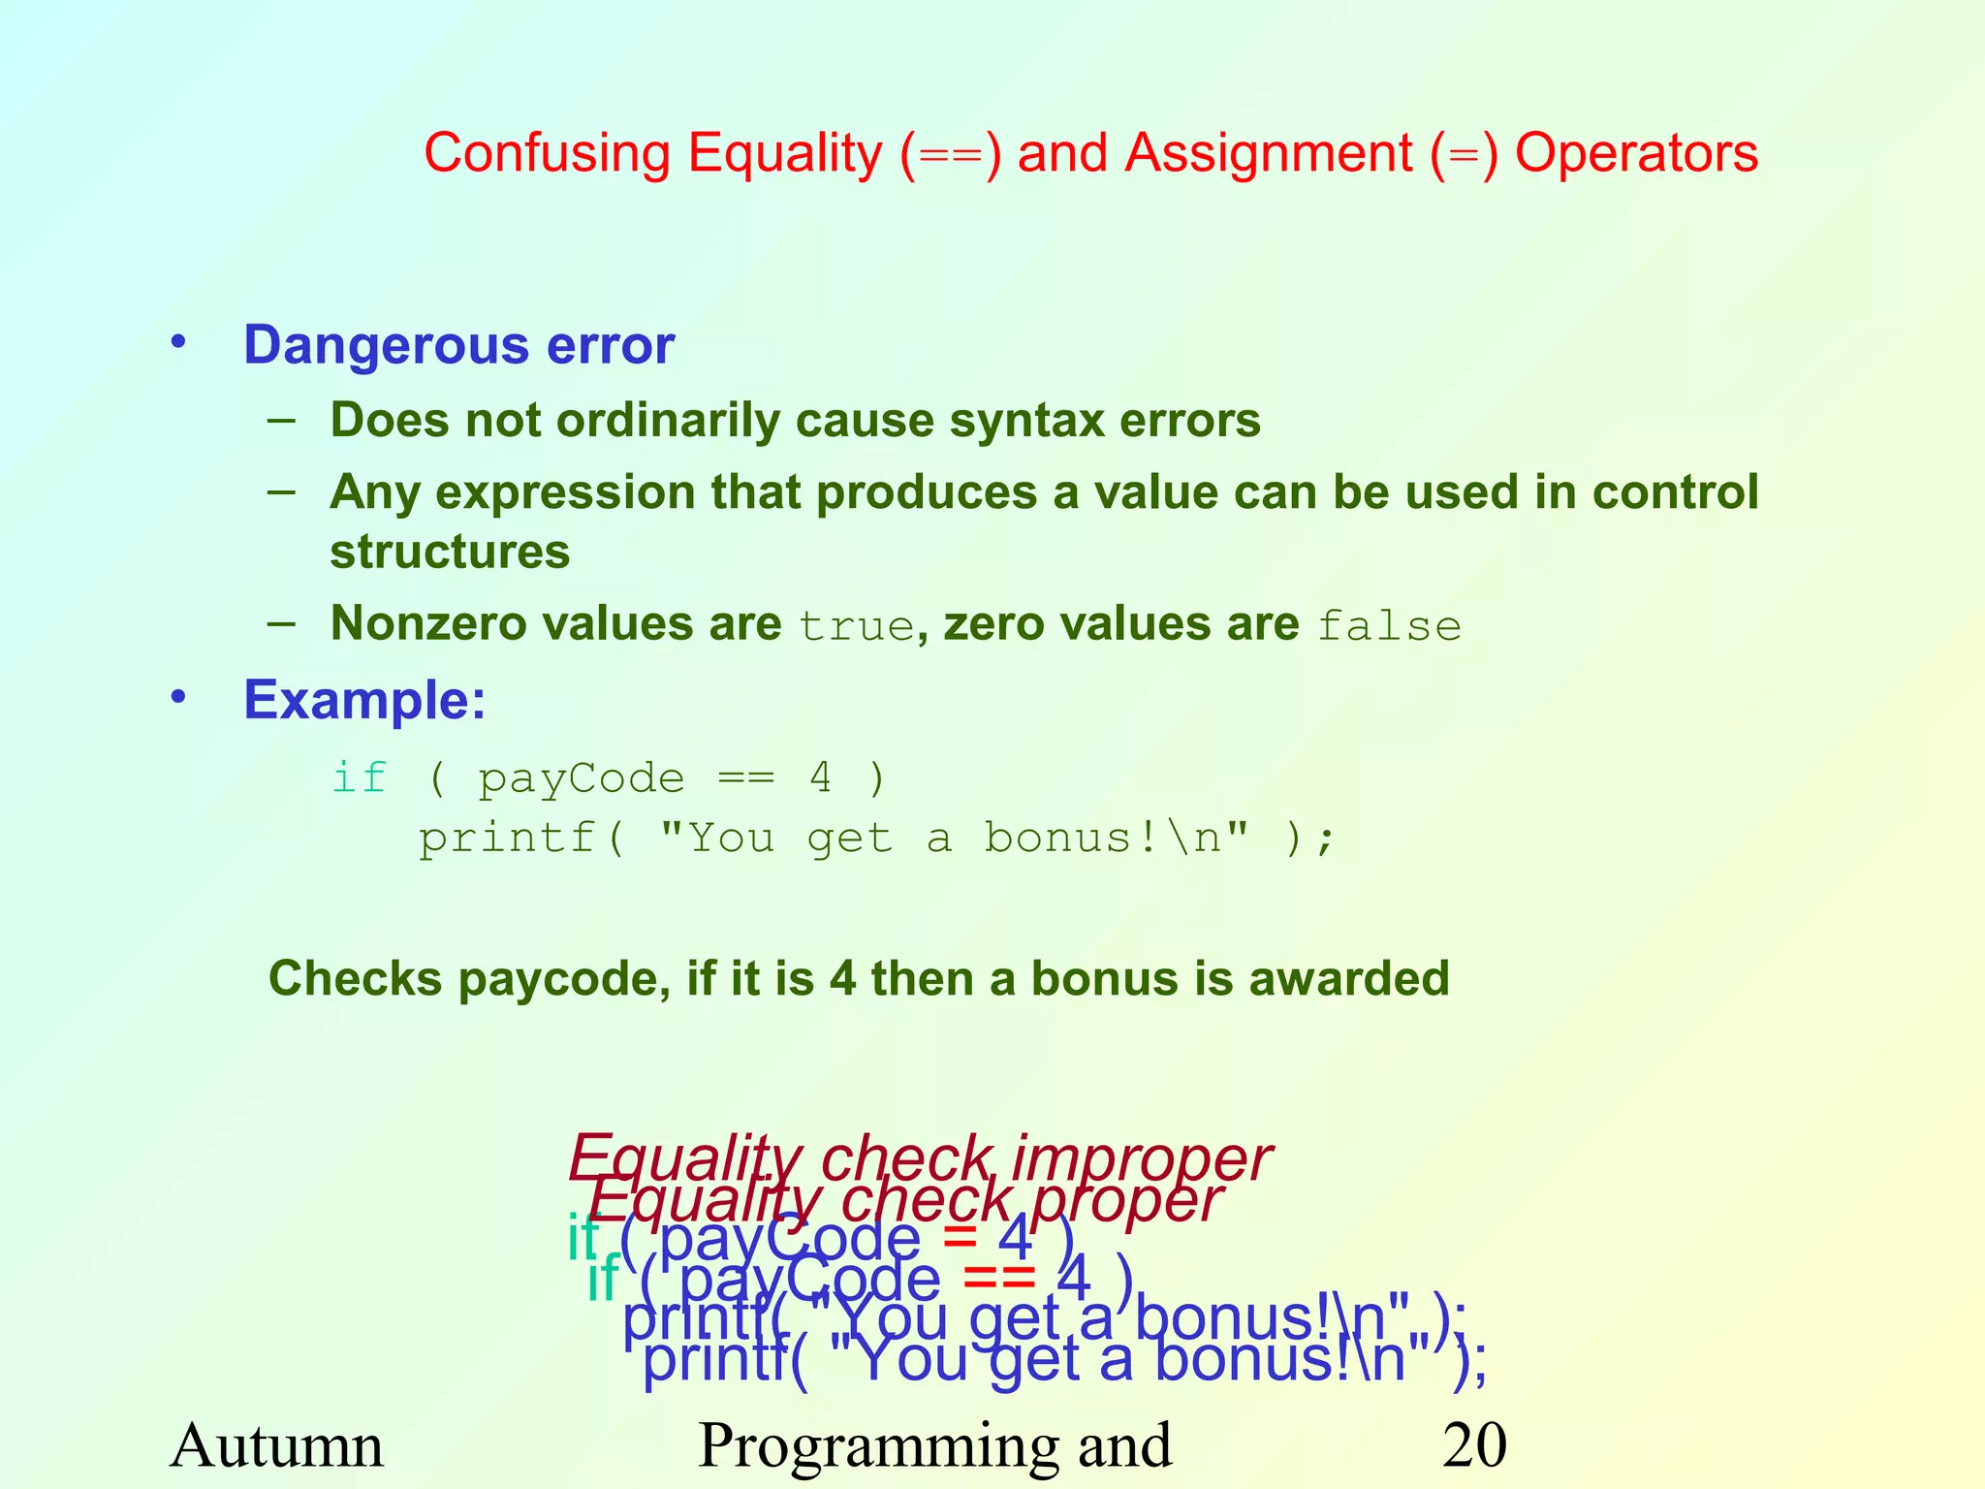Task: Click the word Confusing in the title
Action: [546, 154]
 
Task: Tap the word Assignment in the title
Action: [1268, 154]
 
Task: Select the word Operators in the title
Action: [1636, 154]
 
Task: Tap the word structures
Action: [450, 552]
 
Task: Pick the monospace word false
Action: [1389, 626]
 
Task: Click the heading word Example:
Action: [364, 700]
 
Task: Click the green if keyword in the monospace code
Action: [360, 778]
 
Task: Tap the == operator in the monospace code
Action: [746, 778]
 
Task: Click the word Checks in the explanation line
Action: [355, 979]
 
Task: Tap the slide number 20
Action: [1474, 1445]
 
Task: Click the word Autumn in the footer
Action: [277, 1445]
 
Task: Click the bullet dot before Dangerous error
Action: [177, 342]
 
